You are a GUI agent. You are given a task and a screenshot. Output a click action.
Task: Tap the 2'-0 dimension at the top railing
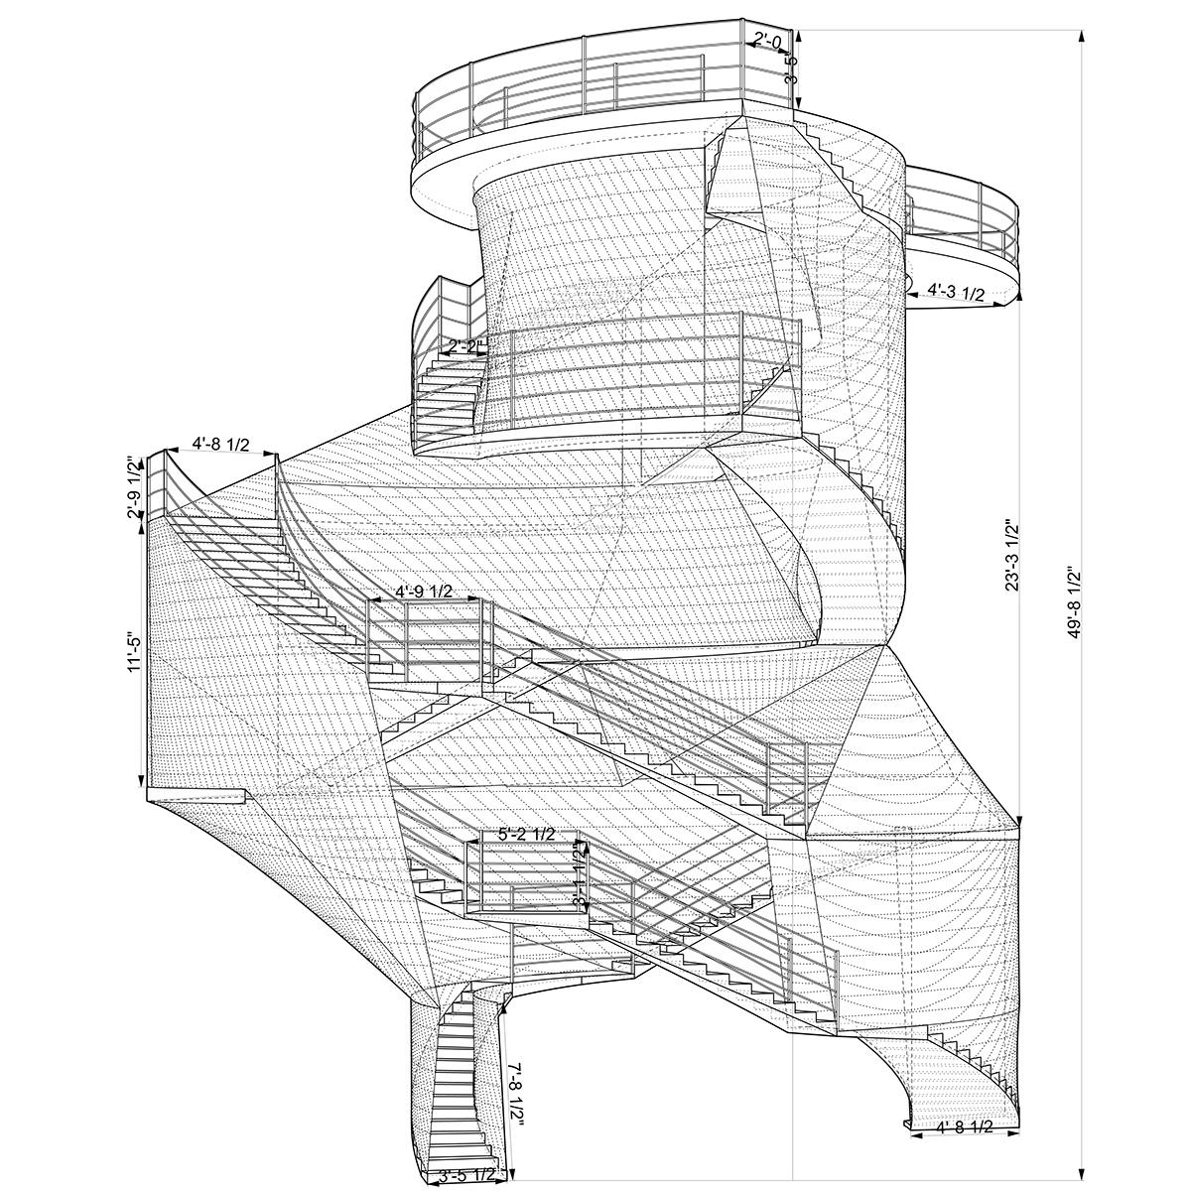pos(768,41)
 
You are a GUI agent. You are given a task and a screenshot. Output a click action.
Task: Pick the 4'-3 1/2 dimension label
pos(956,292)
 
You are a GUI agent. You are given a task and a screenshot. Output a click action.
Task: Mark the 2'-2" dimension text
pos(466,346)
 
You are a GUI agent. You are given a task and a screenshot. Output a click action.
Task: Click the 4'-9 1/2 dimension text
pos(424,592)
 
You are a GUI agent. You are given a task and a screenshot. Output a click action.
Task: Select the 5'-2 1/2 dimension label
pos(526,834)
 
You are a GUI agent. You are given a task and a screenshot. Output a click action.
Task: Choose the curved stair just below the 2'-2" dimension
pos(447,392)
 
